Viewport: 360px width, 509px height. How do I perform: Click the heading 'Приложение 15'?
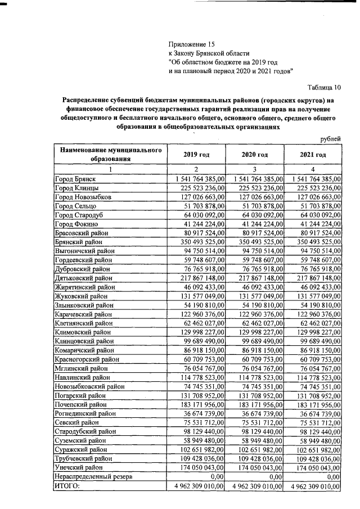coord(192,43)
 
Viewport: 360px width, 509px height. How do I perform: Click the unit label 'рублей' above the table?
coord(330,139)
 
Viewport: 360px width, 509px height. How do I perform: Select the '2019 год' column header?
coord(197,155)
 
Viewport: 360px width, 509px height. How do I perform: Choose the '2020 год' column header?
coord(254,155)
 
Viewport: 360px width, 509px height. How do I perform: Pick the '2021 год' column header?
coord(313,155)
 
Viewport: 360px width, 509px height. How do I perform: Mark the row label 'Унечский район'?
coord(79,467)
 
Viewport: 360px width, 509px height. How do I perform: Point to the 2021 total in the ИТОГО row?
coord(314,485)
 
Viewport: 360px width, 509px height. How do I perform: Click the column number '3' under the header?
coord(254,169)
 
